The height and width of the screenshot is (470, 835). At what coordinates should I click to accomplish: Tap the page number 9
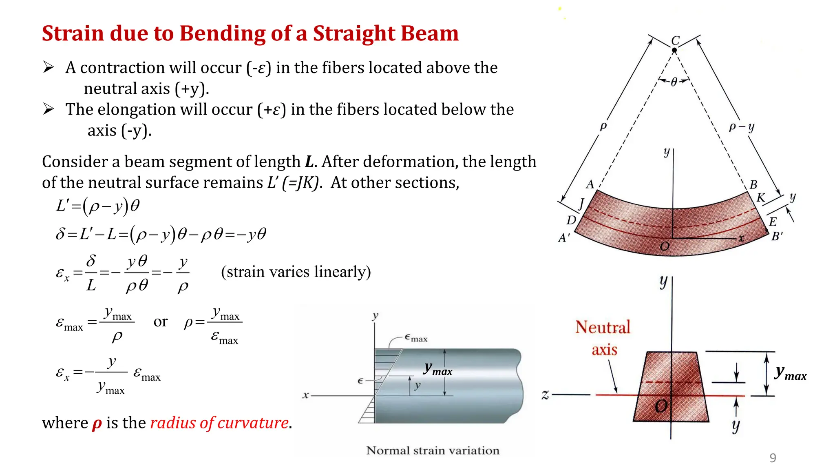click(773, 458)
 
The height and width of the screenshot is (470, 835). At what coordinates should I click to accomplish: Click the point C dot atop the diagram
click(674, 50)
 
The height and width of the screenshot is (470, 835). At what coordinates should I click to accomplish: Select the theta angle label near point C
click(674, 82)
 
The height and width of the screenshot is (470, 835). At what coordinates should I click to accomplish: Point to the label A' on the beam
click(564, 237)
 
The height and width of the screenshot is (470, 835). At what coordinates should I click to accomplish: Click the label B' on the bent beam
click(777, 236)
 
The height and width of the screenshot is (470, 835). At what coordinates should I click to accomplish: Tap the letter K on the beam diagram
click(761, 198)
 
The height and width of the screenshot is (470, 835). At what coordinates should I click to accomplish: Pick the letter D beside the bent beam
click(571, 220)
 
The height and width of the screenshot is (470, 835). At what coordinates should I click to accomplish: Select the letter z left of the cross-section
click(545, 395)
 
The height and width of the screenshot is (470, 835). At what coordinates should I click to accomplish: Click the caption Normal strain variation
click(433, 450)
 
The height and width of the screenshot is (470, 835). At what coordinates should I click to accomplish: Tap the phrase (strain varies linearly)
click(296, 272)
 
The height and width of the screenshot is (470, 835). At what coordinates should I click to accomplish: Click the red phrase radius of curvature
click(219, 423)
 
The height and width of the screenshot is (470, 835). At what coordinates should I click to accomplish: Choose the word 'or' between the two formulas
click(160, 322)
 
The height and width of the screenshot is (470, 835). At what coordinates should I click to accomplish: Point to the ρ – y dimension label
click(742, 127)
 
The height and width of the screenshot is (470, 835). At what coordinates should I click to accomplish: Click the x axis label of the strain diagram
click(305, 395)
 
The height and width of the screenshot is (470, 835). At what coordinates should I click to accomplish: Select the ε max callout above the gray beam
click(416, 338)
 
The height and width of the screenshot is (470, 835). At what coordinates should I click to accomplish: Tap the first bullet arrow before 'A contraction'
click(49, 67)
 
